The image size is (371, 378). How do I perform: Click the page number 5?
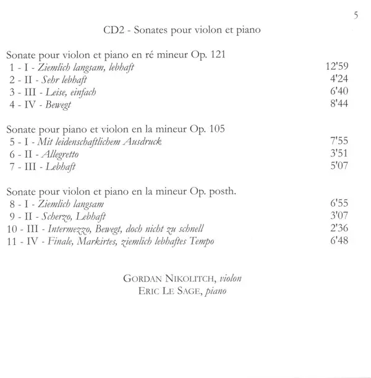pyautogui.click(x=356, y=16)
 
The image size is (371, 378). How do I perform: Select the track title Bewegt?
pyautogui.click(x=54, y=105)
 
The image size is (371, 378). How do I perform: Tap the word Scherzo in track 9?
pyautogui.click(x=54, y=216)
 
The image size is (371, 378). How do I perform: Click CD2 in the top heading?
pyautogui.click(x=115, y=28)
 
